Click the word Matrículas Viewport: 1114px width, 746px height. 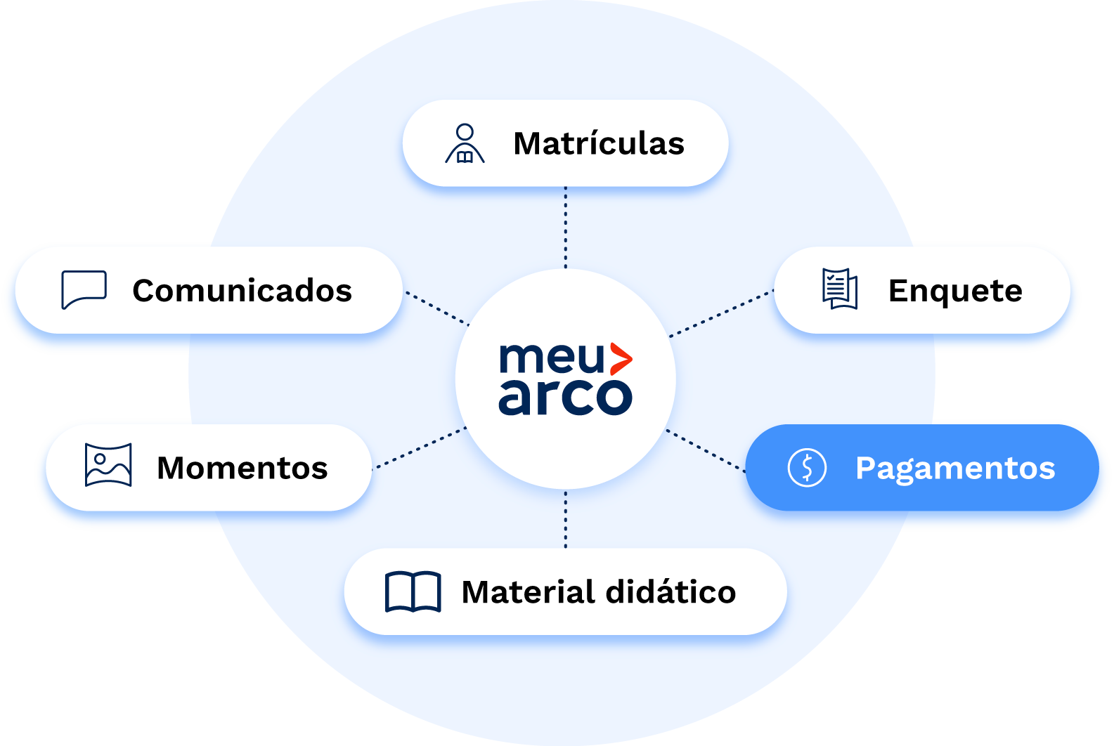pyautogui.click(x=599, y=143)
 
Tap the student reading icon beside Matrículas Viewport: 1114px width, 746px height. pyautogui.click(x=465, y=143)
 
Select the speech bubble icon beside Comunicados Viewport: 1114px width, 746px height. pyautogui.click(x=84, y=289)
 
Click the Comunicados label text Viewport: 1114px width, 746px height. pyautogui.click(x=242, y=291)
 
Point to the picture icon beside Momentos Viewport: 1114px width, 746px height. pyautogui.click(x=108, y=464)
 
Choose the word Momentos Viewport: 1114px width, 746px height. pyautogui.click(x=242, y=468)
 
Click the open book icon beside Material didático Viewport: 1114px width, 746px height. pyautogui.click(x=413, y=591)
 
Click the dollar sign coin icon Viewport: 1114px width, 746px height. pyautogui.click(x=807, y=467)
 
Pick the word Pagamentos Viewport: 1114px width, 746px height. pyautogui.click(x=955, y=468)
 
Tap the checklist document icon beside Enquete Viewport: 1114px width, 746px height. pyautogui.click(x=840, y=289)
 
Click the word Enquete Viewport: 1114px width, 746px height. pyautogui.click(x=955, y=291)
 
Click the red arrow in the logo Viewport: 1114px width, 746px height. pyautogui.click(x=620, y=359)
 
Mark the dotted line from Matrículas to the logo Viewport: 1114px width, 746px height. pyautogui.click(x=566, y=227)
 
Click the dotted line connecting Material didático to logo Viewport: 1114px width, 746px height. pyautogui.click(x=566, y=520)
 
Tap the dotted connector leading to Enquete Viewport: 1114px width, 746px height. pyautogui.click(x=721, y=313)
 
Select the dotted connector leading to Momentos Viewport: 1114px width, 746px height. pyautogui.click(x=420, y=447)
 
